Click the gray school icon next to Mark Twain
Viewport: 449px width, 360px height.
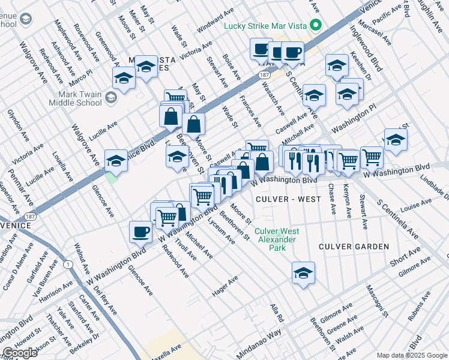[x=110, y=97]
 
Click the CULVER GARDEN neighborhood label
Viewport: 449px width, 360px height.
[x=354, y=247]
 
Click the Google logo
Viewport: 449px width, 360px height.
[x=20, y=352]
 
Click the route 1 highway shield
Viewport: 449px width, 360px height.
[x=70, y=264]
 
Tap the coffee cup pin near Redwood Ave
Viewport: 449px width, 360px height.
[x=140, y=231]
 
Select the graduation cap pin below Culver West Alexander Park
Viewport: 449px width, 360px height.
[x=304, y=272]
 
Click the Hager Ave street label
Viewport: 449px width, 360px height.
[x=225, y=286]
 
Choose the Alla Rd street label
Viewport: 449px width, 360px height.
[x=276, y=311]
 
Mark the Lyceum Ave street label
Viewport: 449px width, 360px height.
[x=221, y=230]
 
